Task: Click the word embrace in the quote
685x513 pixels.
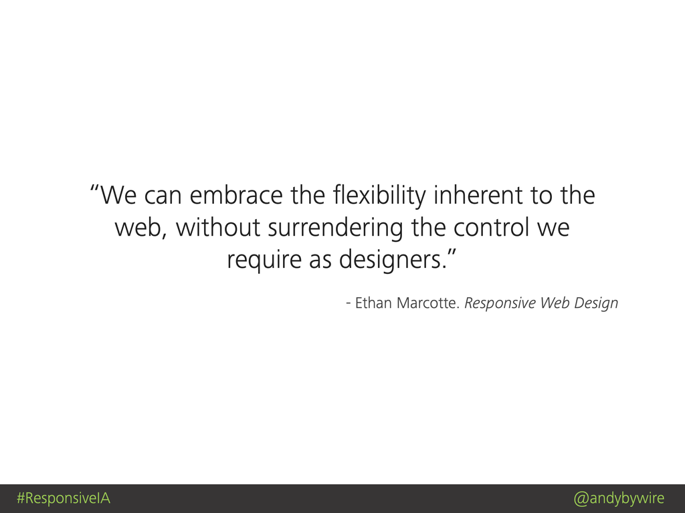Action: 236,195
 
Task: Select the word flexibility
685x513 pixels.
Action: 379,196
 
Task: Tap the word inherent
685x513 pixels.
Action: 478,195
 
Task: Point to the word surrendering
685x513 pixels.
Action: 335,228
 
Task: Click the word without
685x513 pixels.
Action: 218,227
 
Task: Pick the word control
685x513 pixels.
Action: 492,227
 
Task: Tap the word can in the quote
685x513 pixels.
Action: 163,196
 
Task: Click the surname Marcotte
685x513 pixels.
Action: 428,303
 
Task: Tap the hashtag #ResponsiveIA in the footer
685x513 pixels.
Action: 64,498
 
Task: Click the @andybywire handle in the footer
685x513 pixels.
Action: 619,498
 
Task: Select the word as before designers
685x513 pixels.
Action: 320,261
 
